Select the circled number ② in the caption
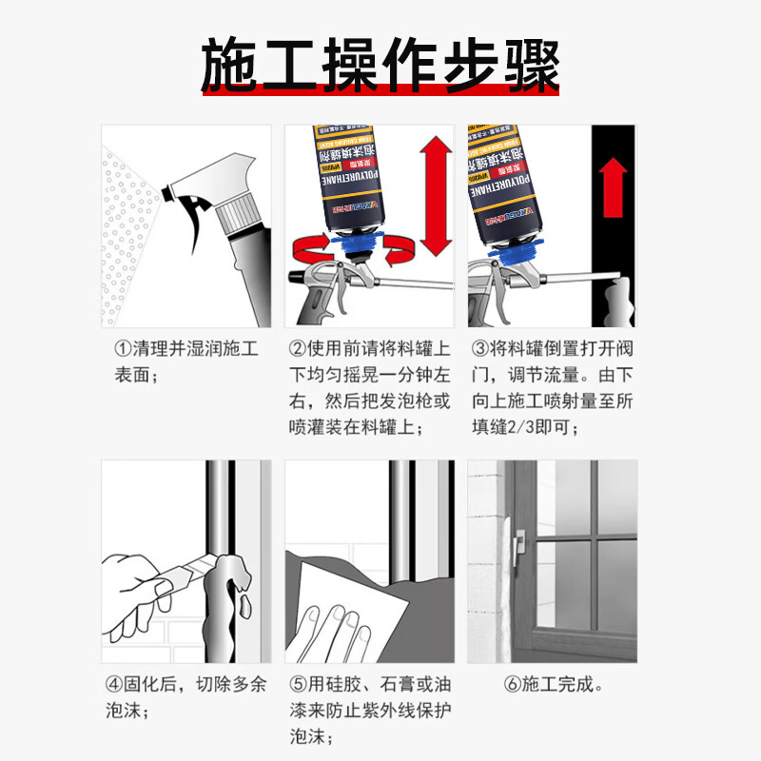pyautogui.click(x=297, y=349)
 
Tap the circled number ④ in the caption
pyautogui.click(x=112, y=684)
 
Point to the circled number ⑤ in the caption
pyautogui.click(x=297, y=684)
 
